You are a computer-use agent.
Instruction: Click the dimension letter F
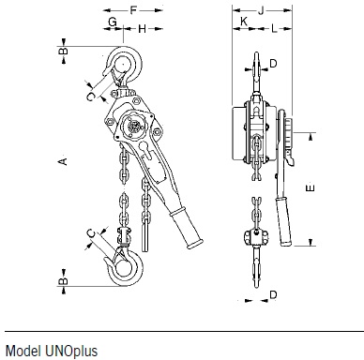tap(133, 10)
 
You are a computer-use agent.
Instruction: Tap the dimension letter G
tap(113, 22)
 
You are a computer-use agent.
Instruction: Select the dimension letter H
tap(142, 29)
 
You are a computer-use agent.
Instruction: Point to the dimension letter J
tap(261, 10)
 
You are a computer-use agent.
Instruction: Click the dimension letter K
tap(244, 22)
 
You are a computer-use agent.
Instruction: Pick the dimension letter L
tap(274, 29)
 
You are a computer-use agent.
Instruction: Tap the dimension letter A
tap(63, 161)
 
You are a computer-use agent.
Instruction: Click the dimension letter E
tap(310, 187)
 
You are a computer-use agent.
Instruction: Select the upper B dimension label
tap(63, 51)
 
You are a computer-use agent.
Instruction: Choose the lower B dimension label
tap(63, 281)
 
